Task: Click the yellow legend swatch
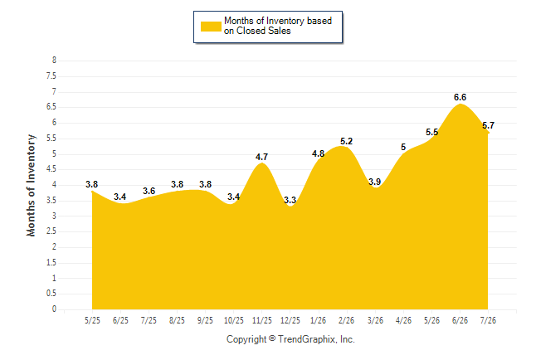pyautogui.click(x=211, y=27)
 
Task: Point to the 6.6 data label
pyautogui.click(x=460, y=97)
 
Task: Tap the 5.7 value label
pyautogui.click(x=488, y=125)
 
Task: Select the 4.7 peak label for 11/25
pyautogui.click(x=261, y=157)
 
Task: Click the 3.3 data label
pyautogui.click(x=290, y=200)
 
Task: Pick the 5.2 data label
pyautogui.click(x=346, y=141)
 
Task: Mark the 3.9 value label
pyautogui.click(x=375, y=182)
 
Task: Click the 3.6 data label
pyautogui.click(x=149, y=191)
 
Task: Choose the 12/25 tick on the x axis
pyautogui.click(x=290, y=320)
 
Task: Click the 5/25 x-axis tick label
pyautogui.click(x=92, y=320)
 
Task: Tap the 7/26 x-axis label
pyautogui.click(x=488, y=320)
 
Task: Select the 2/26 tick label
pyautogui.click(x=346, y=320)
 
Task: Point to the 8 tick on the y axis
pyautogui.click(x=54, y=61)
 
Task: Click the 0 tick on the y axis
pyautogui.click(x=54, y=309)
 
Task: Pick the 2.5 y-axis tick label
pyautogui.click(x=51, y=231)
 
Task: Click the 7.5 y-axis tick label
pyautogui.click(x=51, y=75)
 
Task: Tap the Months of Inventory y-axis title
pyautogui.click(x=31, y=185)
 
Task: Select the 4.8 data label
pyautogui.click(x=318, y=153)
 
